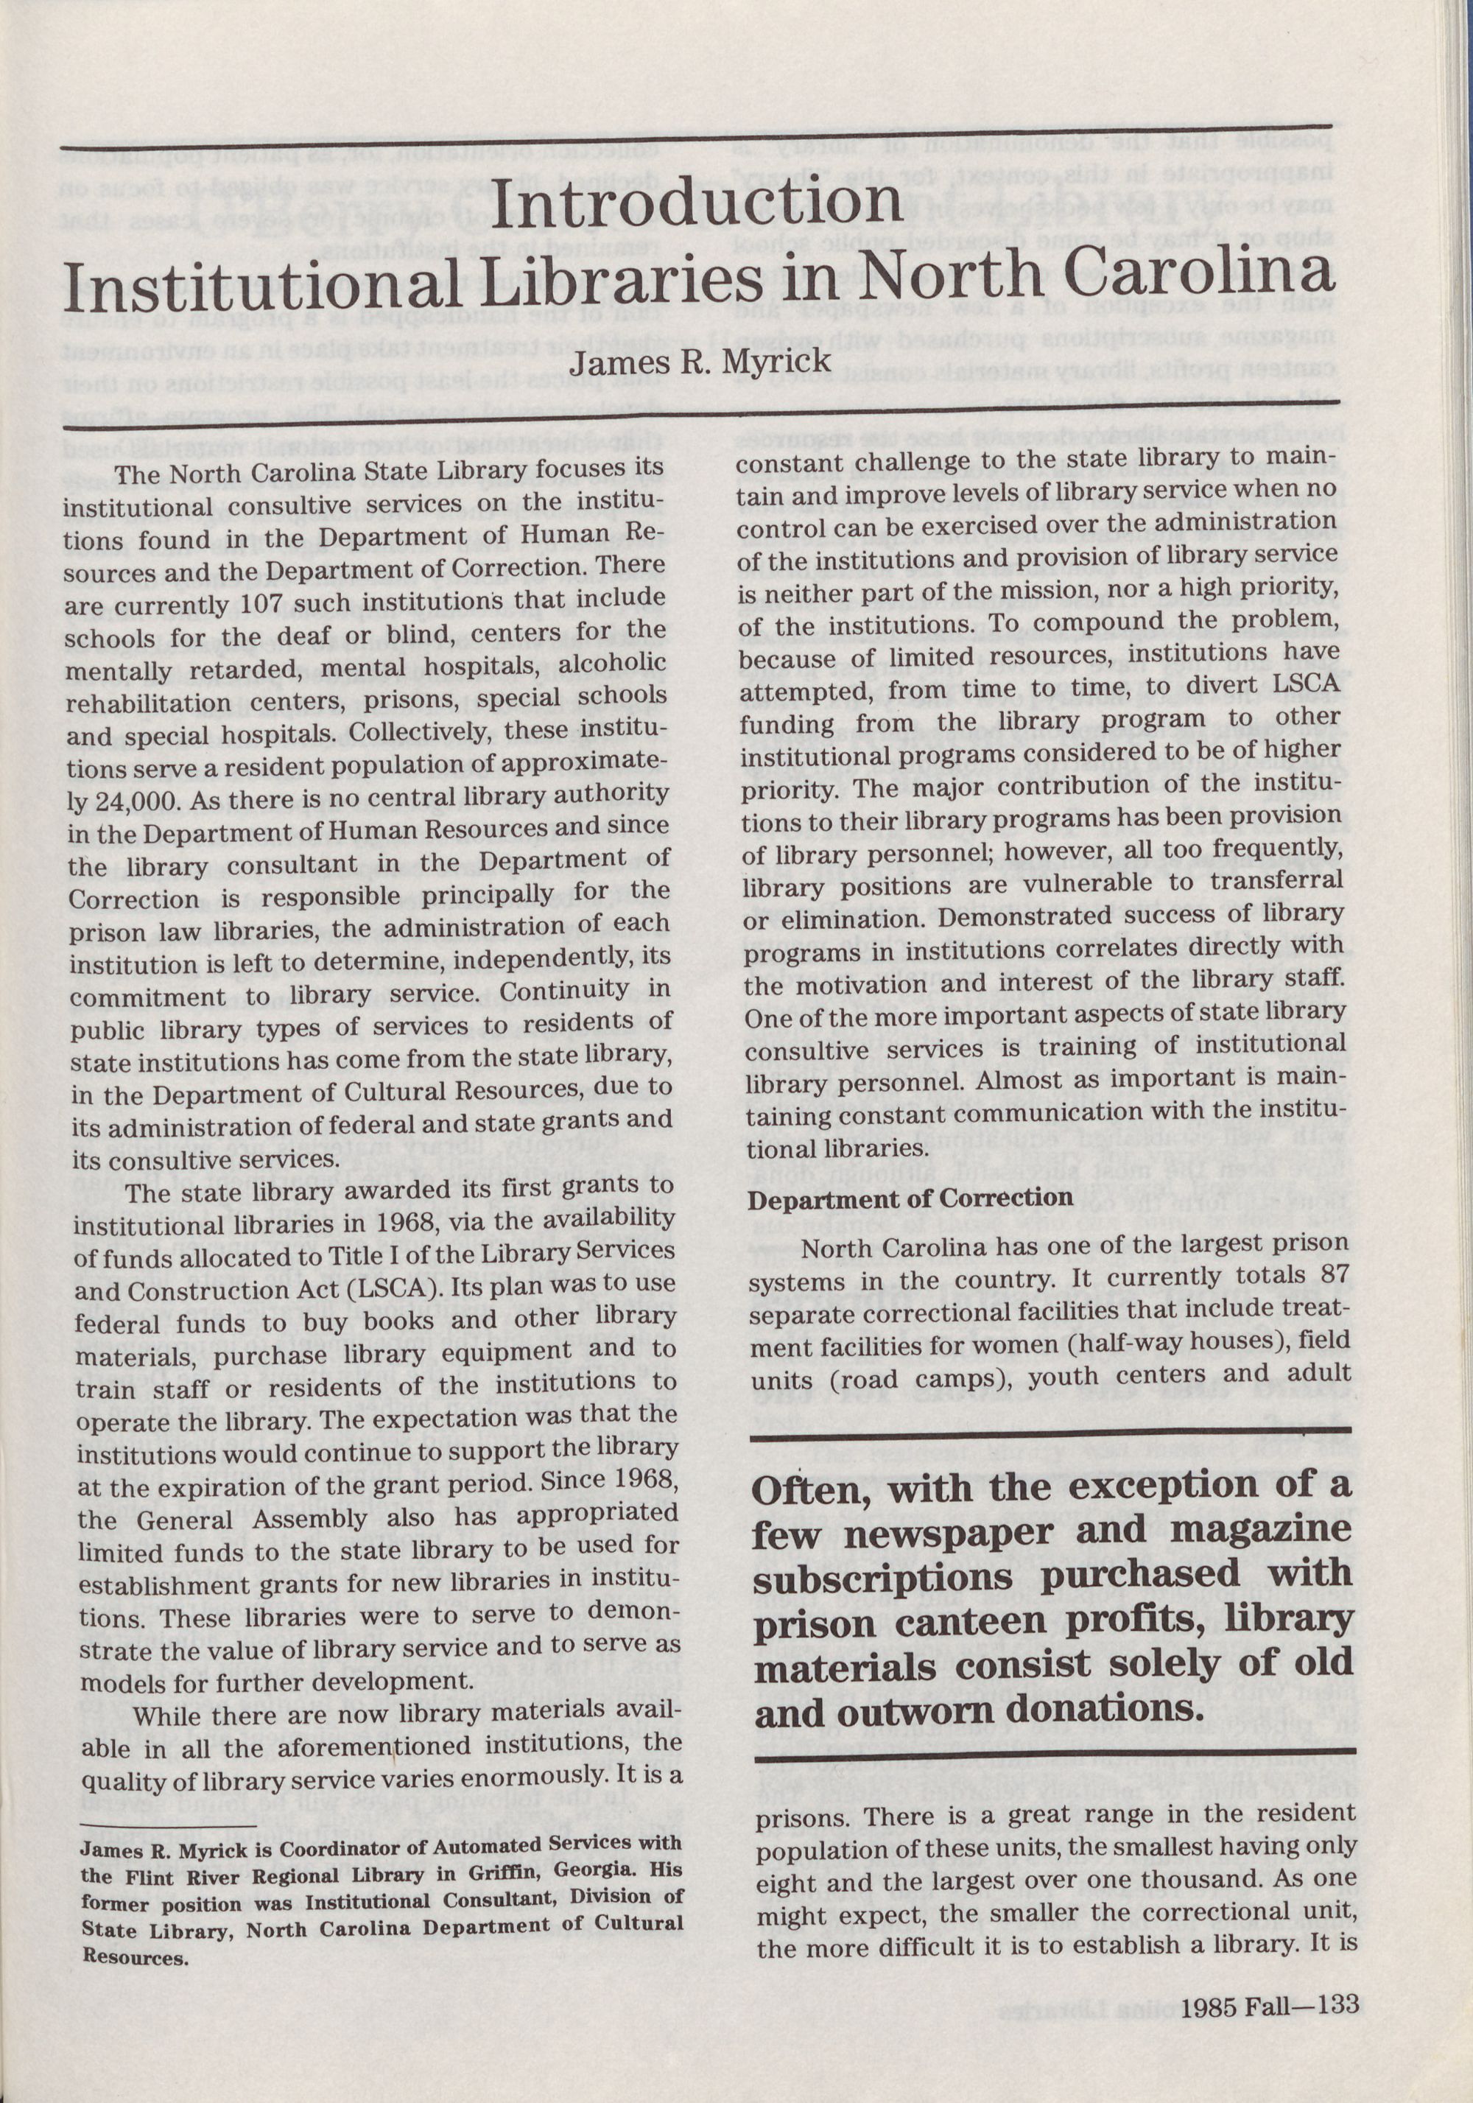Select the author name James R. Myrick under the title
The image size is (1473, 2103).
[x=700, y=360]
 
